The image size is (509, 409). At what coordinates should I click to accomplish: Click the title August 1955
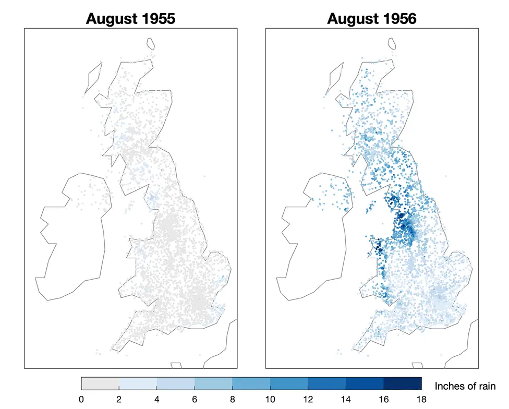pyautogui.click(x=130, y=19)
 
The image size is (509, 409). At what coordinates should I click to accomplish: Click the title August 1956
pyautogui.click(x=372, y=19)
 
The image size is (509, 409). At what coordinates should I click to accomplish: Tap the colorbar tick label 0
pyautogui.click(x=81, y=400)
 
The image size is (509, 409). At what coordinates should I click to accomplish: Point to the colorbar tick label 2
pyautogui.click(x=119, y=400)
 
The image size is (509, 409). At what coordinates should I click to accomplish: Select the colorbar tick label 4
pyautogui.click(x=157, y=400)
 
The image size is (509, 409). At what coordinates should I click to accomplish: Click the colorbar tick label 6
pyautogui.click(x=195, y=400)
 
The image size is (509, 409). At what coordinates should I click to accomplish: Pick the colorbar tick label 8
pyautogui.click(x=233, y=400)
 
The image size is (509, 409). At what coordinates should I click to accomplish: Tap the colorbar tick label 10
pyautogui.click(x=270, y=400)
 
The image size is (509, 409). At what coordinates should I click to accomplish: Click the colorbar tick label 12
pyautogui.click(x=308, y=400)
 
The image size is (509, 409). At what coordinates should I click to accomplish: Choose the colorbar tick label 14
pyautogui.click(x=346, y=400)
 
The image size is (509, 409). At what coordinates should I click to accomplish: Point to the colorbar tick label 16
pyautogui.click(x=383, y=400)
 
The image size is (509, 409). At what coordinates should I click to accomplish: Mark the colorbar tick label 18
pyautogui.click(x=421, y=400)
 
